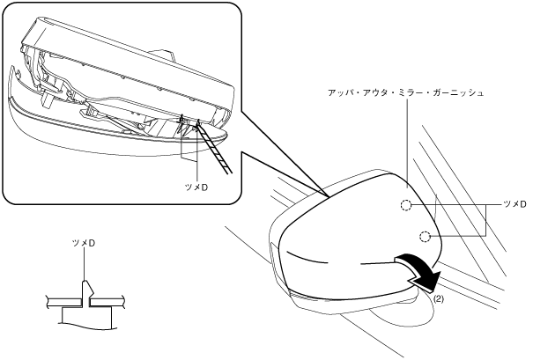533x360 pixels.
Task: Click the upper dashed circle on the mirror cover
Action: click(x=404, y=206)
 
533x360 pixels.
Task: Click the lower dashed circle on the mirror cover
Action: click(x=426, y=236)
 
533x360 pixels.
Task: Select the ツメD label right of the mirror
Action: click(x=514, y=204)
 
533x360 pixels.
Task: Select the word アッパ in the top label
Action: click(x=339, y=91)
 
